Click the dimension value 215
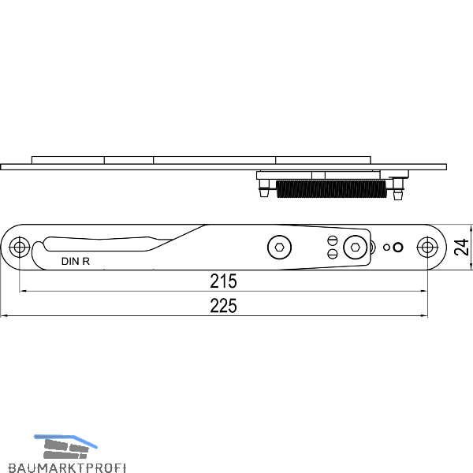[x=223, y=281]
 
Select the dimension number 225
[x=223, y=306]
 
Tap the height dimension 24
[x=461, y=248]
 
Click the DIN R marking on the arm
[x=76, y=261]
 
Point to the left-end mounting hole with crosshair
[x=20, y=248]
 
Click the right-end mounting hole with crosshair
[x=427, y=248]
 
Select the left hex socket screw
[x=280, y=248]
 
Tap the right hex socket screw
[x=356, y=248]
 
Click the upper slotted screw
[x=333, y=241]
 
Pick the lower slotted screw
[x=333, y=253]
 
